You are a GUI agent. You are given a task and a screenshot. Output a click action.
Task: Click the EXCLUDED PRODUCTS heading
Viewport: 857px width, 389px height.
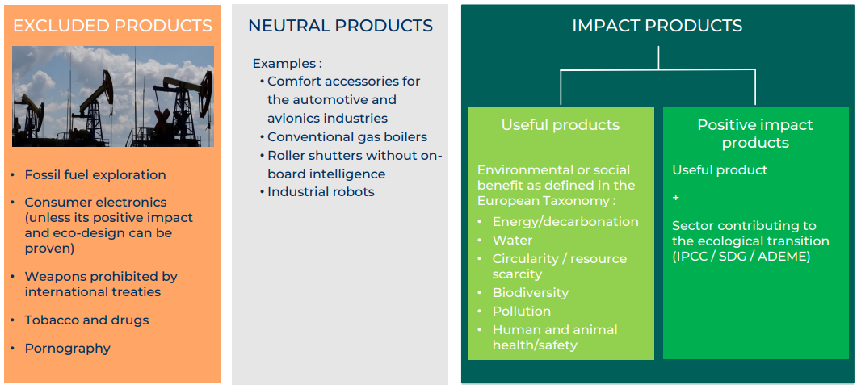112,26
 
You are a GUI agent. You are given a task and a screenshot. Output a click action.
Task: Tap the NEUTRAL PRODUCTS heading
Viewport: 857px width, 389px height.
341,26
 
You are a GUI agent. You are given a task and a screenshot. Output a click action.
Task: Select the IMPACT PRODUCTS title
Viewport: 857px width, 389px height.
657,26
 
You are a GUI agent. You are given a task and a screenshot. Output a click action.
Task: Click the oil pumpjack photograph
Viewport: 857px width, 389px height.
112,96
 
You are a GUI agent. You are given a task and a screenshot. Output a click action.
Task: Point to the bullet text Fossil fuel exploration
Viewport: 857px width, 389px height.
95,175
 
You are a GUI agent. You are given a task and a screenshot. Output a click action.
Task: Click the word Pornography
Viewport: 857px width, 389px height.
67,348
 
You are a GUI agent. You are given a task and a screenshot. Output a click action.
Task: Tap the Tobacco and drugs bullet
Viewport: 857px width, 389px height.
86,320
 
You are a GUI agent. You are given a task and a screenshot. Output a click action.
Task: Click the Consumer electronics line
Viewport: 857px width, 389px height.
95,202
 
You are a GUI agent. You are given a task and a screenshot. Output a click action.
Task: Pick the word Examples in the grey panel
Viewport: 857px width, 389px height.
284,64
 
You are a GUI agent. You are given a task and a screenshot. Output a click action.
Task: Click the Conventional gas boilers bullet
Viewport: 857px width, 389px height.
347,136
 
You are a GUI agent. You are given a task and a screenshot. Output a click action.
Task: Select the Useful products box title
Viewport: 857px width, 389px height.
561,125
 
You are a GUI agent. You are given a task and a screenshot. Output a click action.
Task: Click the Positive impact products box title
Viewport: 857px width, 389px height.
755,134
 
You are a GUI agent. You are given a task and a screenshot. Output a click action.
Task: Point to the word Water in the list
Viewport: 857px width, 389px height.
512,240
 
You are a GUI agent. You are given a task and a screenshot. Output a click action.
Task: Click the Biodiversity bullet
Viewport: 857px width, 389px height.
530,293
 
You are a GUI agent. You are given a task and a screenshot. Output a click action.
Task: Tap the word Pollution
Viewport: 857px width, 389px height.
522,311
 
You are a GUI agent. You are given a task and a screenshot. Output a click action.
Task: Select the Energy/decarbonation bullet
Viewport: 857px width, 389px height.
565,222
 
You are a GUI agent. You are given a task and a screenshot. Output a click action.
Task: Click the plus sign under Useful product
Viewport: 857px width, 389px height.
676,197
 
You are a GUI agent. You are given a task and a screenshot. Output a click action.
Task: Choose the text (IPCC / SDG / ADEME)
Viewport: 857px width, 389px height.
741,256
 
